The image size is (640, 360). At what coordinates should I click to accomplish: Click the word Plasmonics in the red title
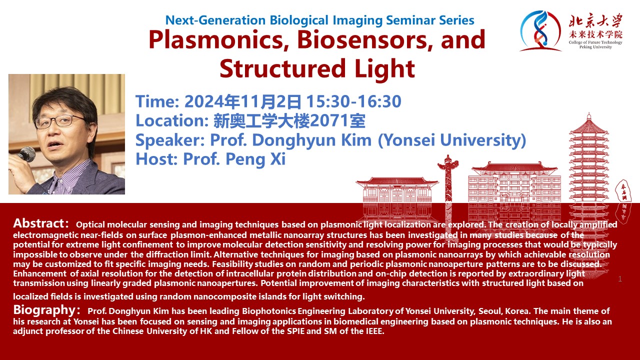tap(218, 40)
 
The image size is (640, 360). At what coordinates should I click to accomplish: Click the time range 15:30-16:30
tap(353, 101)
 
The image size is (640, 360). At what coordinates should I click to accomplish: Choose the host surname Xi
tap(277, 159)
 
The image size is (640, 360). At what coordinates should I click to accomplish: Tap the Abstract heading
tap(38, 223)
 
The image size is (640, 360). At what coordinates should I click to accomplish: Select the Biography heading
tap(44, 310)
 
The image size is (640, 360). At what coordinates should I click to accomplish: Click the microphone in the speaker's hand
tap(26, 154)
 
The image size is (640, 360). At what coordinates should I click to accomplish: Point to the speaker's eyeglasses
tap(60, 121)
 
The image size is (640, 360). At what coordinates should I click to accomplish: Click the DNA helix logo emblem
tap(540, 31)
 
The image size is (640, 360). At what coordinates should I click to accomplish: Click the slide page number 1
tap(620, 279)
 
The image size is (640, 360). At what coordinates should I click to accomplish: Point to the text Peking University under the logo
tap(595, 47)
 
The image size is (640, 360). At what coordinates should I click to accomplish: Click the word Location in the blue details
tap(172, 121)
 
